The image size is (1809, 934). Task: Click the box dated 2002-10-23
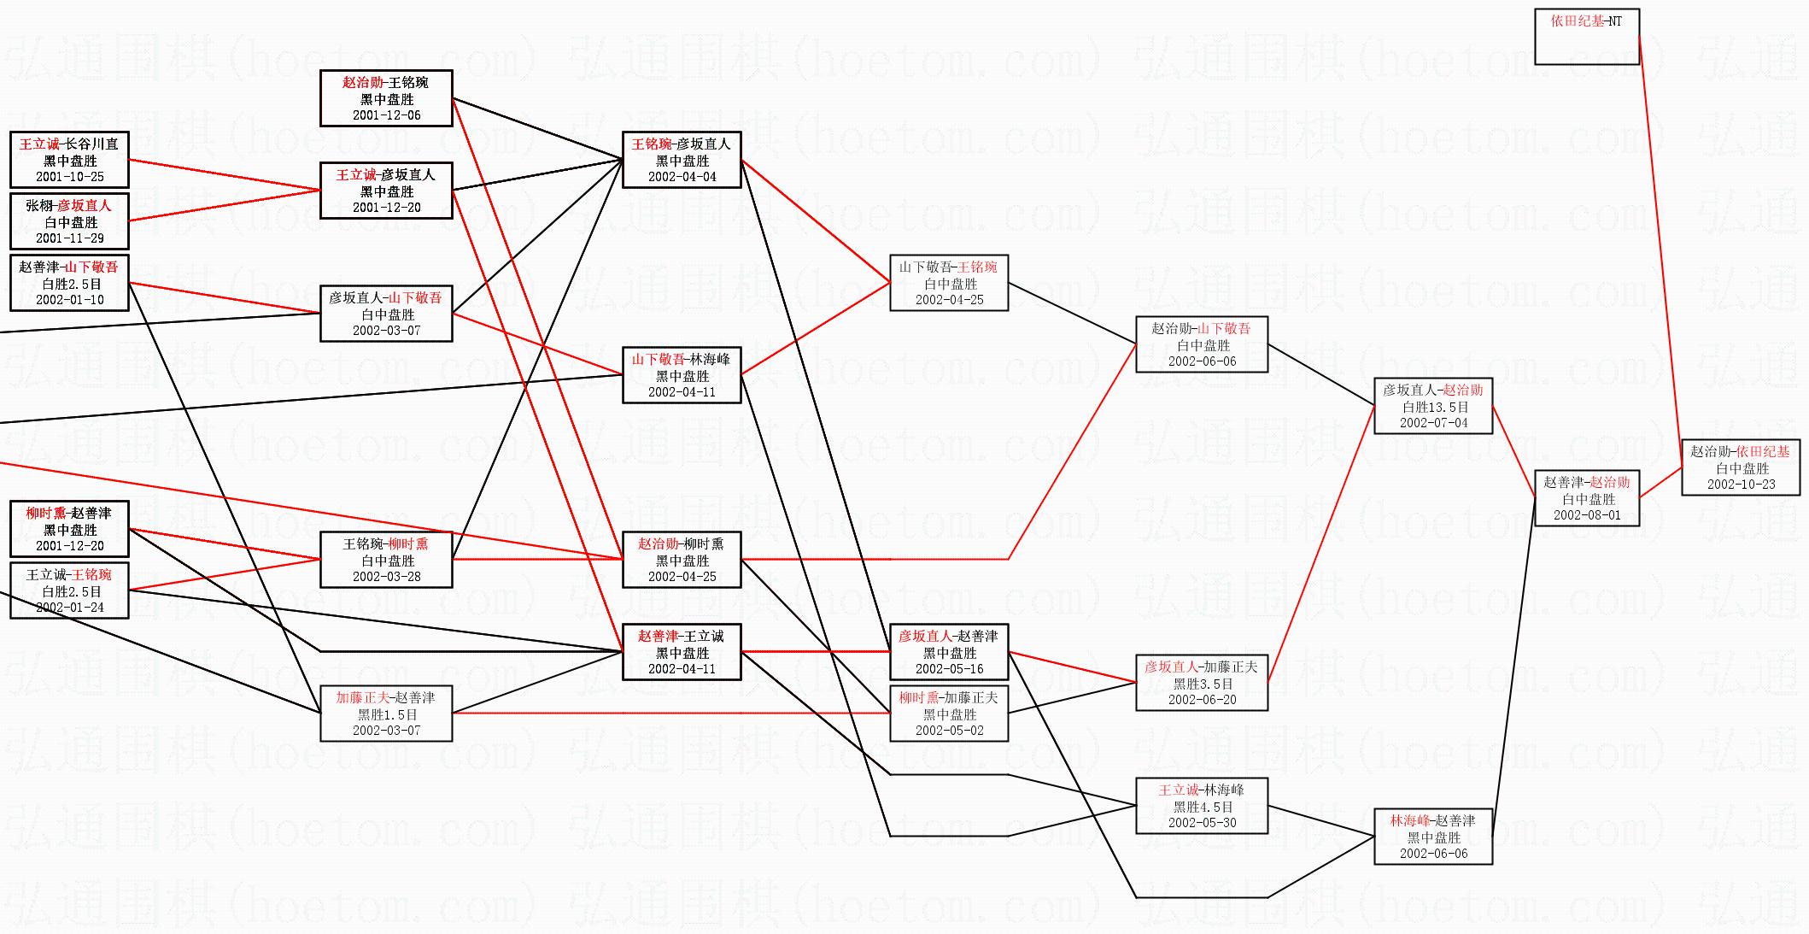coord(1741,467)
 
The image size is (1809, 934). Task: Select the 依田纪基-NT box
coord(1586,37)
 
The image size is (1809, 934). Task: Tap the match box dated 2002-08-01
coord(1586,498)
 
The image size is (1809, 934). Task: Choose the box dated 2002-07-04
coord(1433,406)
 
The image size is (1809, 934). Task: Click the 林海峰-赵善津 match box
coord(1433,837)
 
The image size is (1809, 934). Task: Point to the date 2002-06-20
coord(1202,700)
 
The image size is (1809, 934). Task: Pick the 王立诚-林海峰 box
coord(1202,806)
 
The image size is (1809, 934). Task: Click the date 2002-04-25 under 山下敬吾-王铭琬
coord(949,300)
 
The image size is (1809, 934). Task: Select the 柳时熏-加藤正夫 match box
coord(949,714)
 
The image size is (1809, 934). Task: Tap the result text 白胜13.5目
coord(1433,407)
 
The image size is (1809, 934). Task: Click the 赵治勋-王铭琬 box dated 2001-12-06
coord(386,98)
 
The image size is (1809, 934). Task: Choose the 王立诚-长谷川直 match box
coord(69,160)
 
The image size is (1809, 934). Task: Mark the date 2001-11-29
coord(69,238)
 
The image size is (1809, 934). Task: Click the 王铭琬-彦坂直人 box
coord(682,160)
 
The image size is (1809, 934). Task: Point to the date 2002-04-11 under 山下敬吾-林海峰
coord(682,392)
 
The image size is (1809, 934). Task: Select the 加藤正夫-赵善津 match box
coord(386,714)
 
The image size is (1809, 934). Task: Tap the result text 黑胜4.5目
coord(1202,807)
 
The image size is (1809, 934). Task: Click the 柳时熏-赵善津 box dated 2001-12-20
coord(69,529)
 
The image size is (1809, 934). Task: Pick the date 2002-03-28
coord(386,577)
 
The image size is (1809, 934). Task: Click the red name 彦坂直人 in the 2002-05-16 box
coord(925,637)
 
